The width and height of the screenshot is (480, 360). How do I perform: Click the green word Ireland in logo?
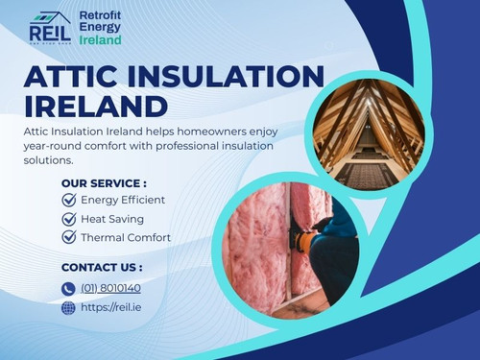tap(100, 41)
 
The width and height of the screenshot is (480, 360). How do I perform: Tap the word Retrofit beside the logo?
tap(100, 16)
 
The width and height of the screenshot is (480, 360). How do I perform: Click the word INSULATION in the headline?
tap(230, 77)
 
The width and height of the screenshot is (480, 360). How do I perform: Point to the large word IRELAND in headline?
tap(96, 106)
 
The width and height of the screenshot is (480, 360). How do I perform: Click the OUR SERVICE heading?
tap(104, 183)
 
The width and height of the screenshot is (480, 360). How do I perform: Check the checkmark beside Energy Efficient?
tap(68, 200)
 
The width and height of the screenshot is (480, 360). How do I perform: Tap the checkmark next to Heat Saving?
tap(68, 219)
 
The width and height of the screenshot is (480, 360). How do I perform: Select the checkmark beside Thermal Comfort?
tap(68, 237)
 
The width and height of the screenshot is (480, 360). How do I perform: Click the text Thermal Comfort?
tap(126, 237)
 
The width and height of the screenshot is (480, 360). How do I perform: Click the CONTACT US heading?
tap(102, 267)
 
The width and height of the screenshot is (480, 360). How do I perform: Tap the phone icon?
tap(68, 288)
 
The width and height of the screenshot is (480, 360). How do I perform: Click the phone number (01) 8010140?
tap(110, 288)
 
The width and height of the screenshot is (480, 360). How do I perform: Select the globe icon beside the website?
tap(68, 308)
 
